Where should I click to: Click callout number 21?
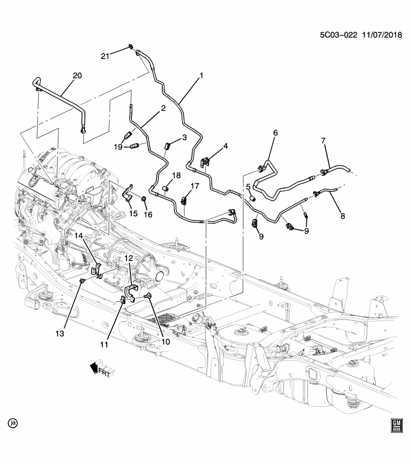(x=105, y=56)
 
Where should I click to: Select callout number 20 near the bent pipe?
(x=77, y=75)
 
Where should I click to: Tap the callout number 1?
(x=201, y=75)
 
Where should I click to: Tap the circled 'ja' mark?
(x=13, y=423)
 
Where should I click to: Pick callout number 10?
(x=166, y=342)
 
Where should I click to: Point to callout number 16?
(x=148, y=215)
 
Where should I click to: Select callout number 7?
(x=324, y=141)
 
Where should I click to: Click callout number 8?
(x=343, y=217)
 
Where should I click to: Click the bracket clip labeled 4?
(x=205, y=162)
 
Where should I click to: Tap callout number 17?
(x=194, y=186)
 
